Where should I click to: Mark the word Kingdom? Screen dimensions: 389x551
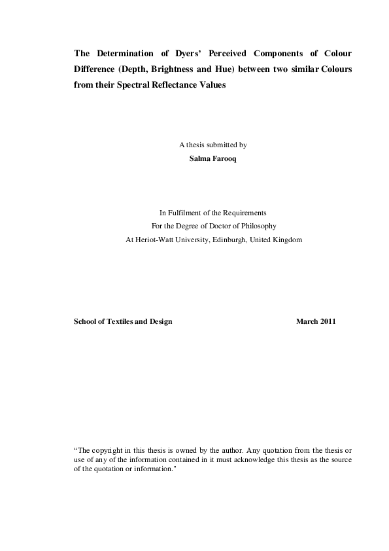tap(287, 240)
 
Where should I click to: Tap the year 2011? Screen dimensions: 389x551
tap(328, 322)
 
